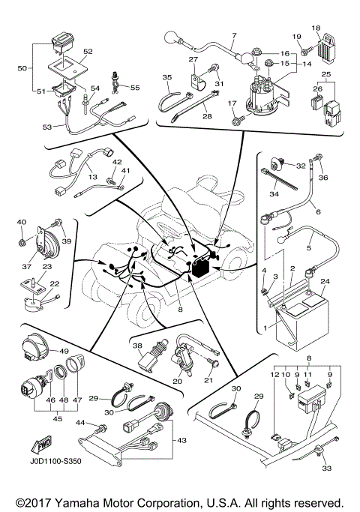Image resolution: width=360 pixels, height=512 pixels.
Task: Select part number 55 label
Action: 135,88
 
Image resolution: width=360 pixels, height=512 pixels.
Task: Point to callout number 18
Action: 316,28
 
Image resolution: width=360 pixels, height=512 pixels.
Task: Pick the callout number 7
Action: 233,35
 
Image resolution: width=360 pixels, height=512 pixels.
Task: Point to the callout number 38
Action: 137,347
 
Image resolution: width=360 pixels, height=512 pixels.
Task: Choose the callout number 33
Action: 326,469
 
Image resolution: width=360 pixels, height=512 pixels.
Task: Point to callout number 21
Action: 208,380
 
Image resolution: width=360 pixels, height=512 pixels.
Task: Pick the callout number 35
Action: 167,76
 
